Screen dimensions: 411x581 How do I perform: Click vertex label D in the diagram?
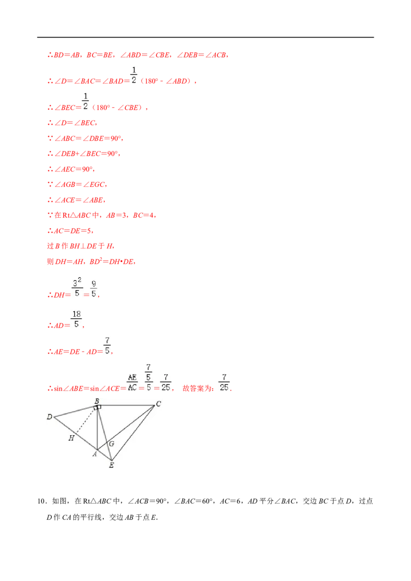coord(49,417)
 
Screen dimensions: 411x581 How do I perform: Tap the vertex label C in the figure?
coord(158,403)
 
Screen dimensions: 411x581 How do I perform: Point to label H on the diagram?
coord(71,438)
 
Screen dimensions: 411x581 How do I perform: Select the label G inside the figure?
coord(111,443)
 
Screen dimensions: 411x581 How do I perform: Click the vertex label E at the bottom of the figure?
coord(111,465)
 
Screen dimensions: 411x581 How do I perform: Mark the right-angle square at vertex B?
coord(98,407)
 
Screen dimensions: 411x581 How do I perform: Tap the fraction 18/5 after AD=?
coord(77,319)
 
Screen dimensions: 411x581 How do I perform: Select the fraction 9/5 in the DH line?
coord(94,288)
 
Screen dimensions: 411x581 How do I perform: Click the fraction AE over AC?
coord(133,382)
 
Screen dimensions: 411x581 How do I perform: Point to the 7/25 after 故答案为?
coord(224,382)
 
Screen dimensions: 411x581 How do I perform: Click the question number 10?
coord(42,501)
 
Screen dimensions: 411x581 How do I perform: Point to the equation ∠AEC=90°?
coord(73,169)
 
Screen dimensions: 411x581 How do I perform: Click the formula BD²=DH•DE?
coord(111,261)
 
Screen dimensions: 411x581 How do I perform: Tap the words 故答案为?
coord(198,388)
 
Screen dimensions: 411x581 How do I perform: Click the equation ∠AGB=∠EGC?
coord(80,184)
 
